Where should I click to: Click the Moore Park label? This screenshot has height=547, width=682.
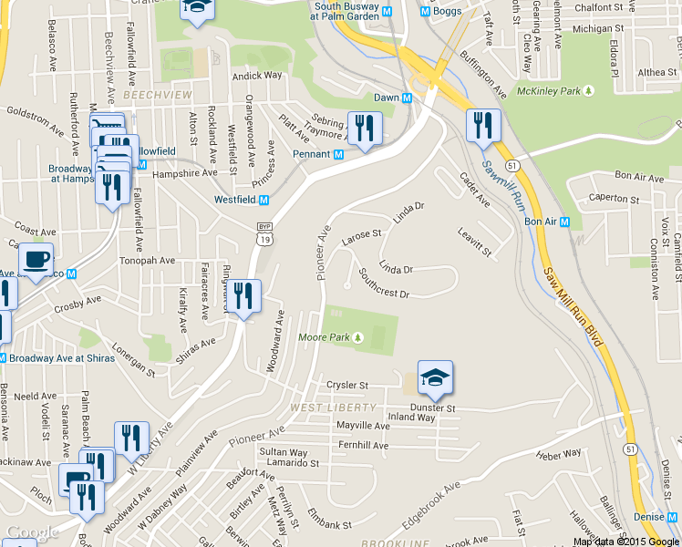[325, 337]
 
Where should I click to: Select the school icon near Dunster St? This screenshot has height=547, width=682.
[435, 377]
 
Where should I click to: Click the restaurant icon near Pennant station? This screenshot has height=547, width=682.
[365, 129]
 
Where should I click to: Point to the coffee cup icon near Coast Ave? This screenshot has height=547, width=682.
[36, 260]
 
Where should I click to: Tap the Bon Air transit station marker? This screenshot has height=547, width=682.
[565, 222]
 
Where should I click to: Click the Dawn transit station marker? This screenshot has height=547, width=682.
[407, 98]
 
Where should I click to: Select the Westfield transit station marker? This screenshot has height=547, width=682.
[264, 200]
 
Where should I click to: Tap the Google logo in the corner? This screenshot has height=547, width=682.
[32, 532]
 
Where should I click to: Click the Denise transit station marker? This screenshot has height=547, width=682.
[673, 517]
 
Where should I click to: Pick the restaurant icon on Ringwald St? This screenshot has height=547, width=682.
[243, 296]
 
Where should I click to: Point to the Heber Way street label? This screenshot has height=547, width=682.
[559, 453]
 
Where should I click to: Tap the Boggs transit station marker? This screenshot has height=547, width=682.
[425, 11]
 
